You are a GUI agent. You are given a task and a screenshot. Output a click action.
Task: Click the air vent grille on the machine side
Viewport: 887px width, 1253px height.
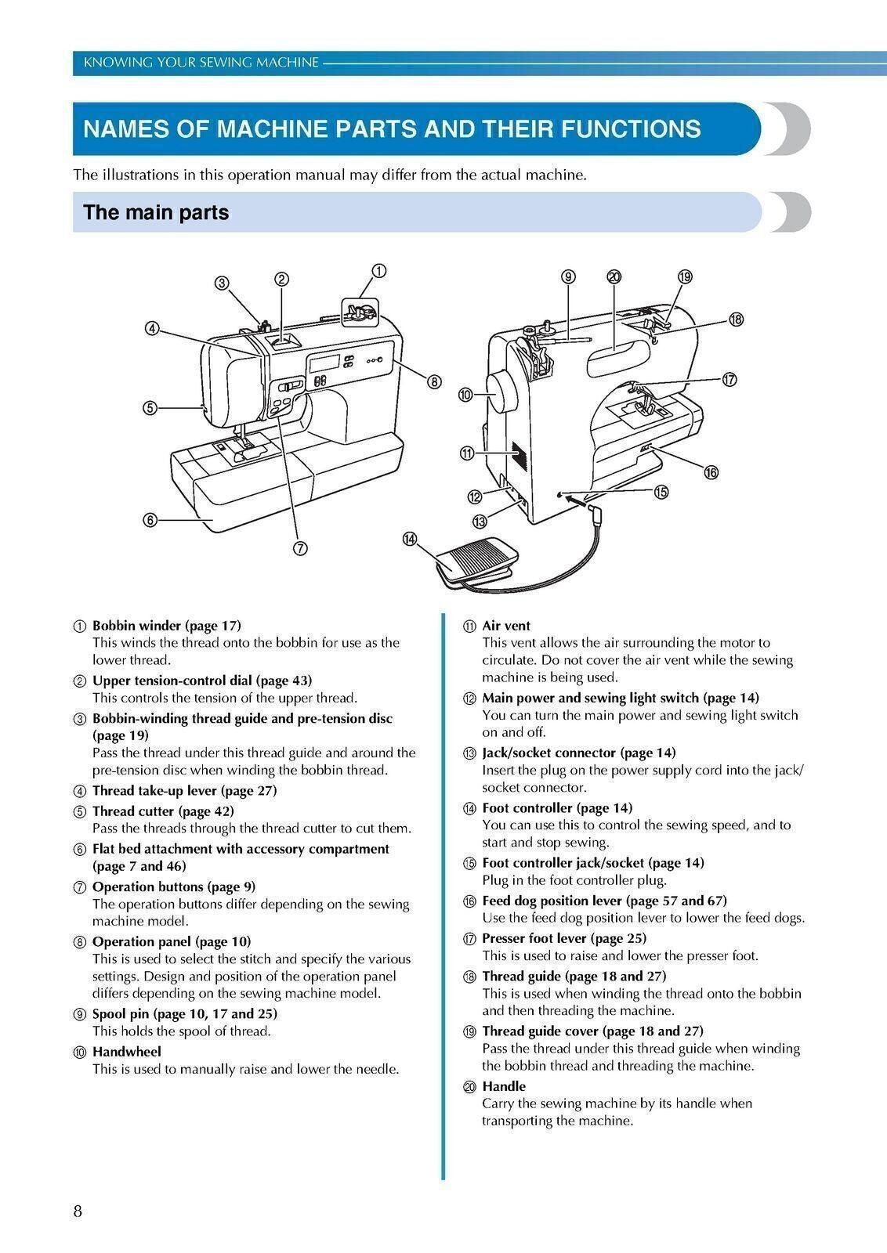click(x=514, y=453)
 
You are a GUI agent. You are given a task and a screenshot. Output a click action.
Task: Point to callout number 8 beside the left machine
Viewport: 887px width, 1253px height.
click(x=433, y=381)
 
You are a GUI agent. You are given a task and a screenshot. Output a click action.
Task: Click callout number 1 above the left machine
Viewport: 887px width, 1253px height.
click(x=378, y=271)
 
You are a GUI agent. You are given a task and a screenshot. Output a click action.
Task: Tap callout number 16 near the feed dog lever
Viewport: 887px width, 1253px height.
click(x=711, y=471)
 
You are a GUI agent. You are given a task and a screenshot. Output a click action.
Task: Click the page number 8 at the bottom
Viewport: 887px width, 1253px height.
click(x=78, y=1211)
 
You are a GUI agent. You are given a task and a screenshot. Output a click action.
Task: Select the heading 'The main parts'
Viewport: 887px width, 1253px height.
click(x=156, y=212)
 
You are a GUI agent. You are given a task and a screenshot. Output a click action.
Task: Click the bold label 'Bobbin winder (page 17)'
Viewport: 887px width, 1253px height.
click(x=167, y=625)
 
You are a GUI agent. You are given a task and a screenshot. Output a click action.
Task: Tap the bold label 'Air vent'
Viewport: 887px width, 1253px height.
click(x=506, y=625)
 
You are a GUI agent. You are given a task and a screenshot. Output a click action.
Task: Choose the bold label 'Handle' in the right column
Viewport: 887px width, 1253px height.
click(x=504, y=1085)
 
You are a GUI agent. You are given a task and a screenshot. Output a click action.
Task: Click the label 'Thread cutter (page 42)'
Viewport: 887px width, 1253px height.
click(x=163, y=811)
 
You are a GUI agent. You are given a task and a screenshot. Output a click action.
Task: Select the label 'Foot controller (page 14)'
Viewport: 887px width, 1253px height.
click(x=556, y=807)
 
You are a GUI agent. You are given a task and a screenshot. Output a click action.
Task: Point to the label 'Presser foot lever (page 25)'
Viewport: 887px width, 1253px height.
click(x=563, y=937)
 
